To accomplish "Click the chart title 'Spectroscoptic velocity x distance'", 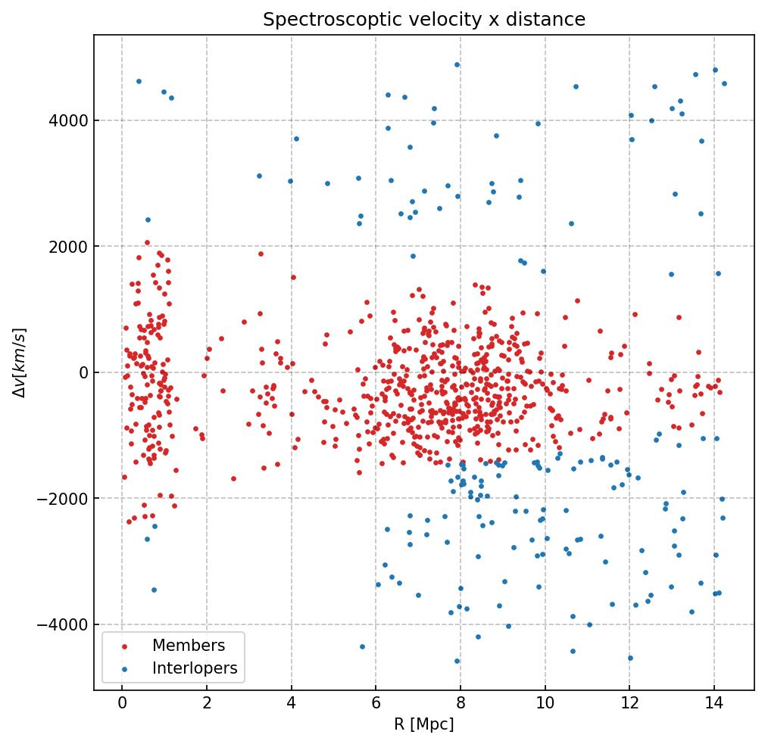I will click(x=424, y=20).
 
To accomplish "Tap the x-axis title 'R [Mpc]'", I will click(x=424, y=724).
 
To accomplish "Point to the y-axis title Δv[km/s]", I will click(x=20, y=363).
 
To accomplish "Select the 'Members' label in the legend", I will click(x=189, y=646).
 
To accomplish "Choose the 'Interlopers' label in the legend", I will click(x=195, y=668).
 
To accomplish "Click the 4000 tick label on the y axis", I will click(x=72, y=120).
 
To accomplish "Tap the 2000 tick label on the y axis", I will click(x=72, y=247).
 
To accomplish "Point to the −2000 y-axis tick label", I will click(x=67, y=499).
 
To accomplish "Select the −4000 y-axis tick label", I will click(x=67, y=625).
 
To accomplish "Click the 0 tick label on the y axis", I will click(x=83, y=372).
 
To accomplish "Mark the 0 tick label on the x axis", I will click(x=122, y=705).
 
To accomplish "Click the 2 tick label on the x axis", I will click(x=207, y=705).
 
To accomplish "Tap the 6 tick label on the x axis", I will click(x=376, y=705).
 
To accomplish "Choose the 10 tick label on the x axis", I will click(x=545, y=705).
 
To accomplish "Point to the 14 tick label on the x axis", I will click(x=713, y=705).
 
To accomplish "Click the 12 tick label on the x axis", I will click(x=629, y=705).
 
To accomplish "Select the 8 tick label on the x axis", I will click(x=461, y=705).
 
